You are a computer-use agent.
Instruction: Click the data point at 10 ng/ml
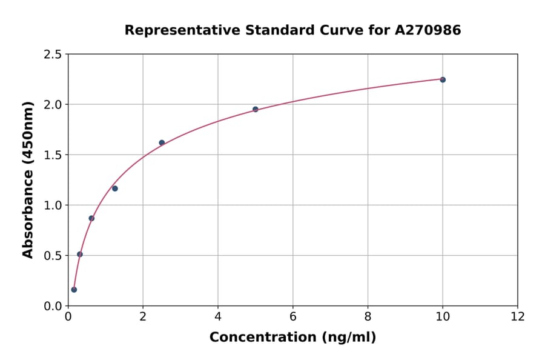(x=443, y=79)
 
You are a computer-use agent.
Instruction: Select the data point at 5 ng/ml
(x=256, y=109)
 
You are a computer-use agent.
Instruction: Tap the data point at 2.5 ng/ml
(x=162, y=142)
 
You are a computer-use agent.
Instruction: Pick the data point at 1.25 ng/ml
(x=115, y=188)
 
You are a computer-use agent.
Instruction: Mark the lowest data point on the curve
(x=74, y=290)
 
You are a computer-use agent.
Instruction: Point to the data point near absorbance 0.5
(x=80, y=254)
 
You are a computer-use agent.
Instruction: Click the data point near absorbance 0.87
(x=91, y=218)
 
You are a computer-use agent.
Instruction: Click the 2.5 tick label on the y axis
(x=53, y=55)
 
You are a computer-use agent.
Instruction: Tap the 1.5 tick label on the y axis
(x=53, y=155)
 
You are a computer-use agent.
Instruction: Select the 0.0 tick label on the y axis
(x=53, y=306)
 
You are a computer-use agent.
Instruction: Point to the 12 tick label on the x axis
(x=518, y=317)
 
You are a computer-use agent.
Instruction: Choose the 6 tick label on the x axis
(x=292, y=317)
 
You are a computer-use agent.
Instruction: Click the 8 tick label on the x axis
(x=368, y=317)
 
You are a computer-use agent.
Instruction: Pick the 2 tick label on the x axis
(x=143, y=317)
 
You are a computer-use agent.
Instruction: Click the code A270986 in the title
(x=428, y=30)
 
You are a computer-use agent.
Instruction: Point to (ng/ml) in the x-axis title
(x=348, y=337)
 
